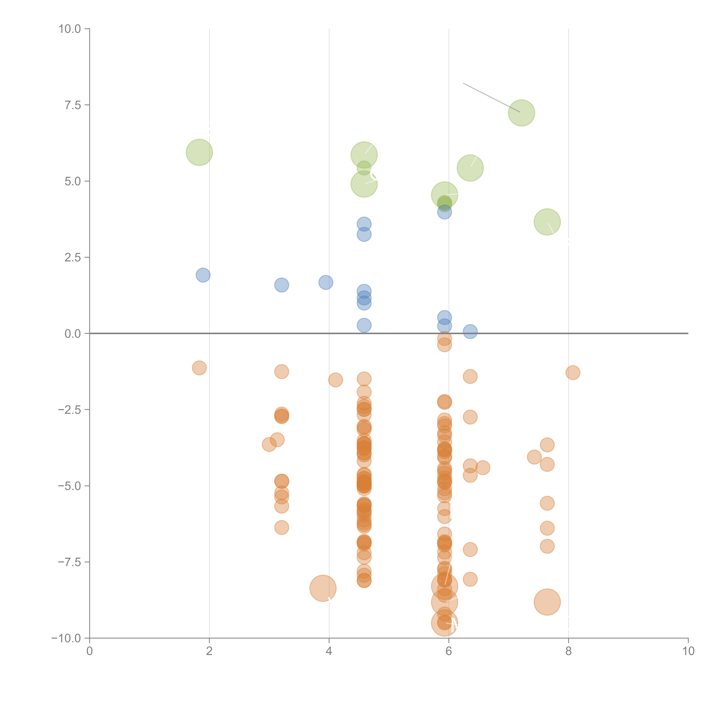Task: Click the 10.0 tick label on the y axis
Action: [x=70, y=29]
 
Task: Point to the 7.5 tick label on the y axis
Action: [x=73, y=105]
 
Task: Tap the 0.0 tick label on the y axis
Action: [x=73, y=334]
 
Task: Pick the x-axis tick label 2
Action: [x=209, y=651]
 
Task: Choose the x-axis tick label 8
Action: [x=569, y=651]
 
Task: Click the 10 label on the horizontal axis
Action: [x=688, y=651]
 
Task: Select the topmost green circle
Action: [x=521, y=113]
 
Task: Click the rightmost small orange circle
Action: [x=573, y=373]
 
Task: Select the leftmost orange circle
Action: [x=199, y=368]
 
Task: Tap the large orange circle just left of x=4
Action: [x=323, y=588]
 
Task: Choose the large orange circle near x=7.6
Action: [x=547, y=602]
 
